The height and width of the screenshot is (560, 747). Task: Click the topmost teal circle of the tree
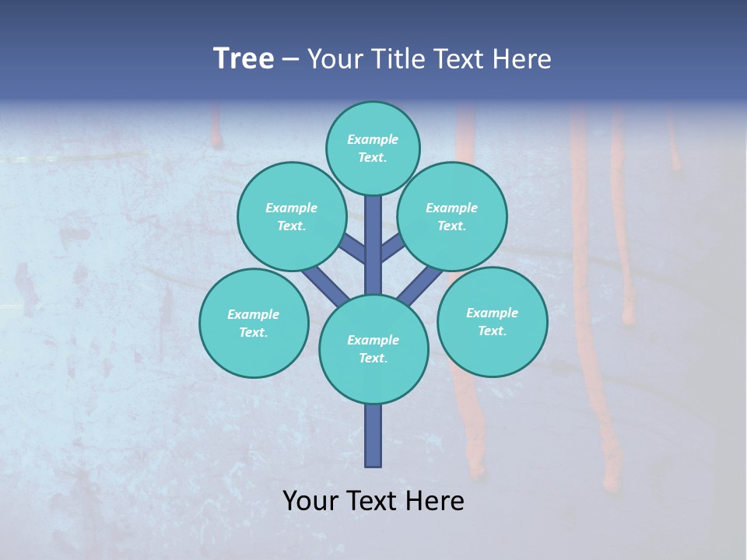[x=373, y=148]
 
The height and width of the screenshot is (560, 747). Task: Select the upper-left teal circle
[x=292, y=216]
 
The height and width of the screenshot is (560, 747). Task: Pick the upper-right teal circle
[x=452, y=216]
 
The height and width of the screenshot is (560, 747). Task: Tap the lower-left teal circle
[x=254, y=323]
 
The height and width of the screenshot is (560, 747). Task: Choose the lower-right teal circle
[x=493, y=321]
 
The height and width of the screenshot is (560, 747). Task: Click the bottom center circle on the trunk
[x=373, y=349]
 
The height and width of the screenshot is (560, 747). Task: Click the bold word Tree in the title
[x=244, y=58]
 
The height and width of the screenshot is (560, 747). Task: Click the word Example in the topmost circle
[x=373, y=140]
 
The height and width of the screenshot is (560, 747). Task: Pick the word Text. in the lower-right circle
[x=492, y=331]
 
